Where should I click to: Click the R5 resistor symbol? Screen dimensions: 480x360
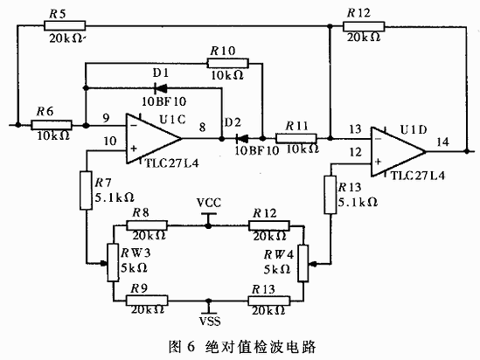point(65,25)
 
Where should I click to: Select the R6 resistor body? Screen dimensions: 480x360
point(52,125)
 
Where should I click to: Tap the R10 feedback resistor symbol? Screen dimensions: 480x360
point(227,63)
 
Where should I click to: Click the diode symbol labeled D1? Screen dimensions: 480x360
point(161,89)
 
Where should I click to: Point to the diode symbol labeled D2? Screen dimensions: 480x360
point(242,139)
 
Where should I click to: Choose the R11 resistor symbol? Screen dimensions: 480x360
point(296,138)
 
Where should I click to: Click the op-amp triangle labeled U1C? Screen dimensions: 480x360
point(154,138)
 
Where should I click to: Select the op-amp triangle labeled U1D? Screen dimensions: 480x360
point(399,152)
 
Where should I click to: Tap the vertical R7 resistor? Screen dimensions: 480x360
point(86,190)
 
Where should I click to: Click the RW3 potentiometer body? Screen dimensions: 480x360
point(113,262)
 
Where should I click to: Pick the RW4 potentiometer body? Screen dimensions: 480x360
point(303,263)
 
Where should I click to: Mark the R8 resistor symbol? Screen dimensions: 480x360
point(147,225)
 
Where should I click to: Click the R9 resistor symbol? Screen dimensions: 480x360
point(147,301)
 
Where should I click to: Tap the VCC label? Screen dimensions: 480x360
point(209,203)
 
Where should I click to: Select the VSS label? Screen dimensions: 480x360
point(210,322)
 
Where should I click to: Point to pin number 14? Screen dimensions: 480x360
point(443,142)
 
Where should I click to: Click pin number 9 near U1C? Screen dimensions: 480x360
point(106,118)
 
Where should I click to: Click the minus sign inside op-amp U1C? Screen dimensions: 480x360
point(134,126)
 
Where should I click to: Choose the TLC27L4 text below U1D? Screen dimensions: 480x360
point(418,176)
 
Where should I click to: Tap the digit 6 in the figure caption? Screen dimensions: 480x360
point(191,347)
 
